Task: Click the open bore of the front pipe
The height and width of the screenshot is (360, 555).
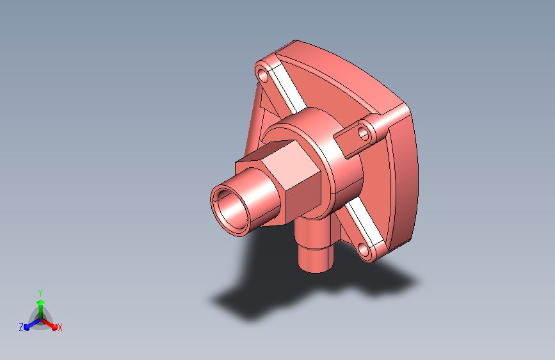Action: point(228,209)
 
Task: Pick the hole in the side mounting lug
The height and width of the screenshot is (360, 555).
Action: point(364,133)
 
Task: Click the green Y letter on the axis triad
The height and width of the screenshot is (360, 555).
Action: point(40,292)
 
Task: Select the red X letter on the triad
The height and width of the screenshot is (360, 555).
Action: point(60,327)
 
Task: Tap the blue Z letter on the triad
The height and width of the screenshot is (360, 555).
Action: point(21,327)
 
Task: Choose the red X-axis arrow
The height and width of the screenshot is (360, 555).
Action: point(51,323)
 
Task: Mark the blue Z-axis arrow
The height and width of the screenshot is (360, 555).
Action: point(29,325)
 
